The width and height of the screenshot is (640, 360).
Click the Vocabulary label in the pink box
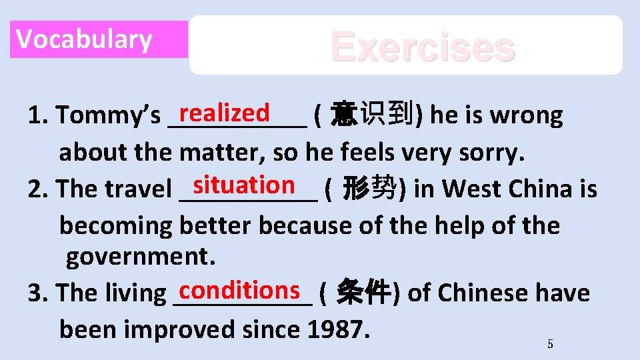tap(84, 39)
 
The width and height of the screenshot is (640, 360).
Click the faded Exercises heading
tap(423, 47)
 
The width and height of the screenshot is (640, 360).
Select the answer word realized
tap(225, 112)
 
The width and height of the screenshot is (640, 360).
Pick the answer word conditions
tap(238, 289)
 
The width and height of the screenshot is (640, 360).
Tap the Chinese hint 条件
tap(363, 292)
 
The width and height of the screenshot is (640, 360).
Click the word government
tap(137, 256)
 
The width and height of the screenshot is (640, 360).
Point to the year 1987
tap(337, 329)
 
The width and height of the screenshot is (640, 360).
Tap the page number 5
tap(550, 344)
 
